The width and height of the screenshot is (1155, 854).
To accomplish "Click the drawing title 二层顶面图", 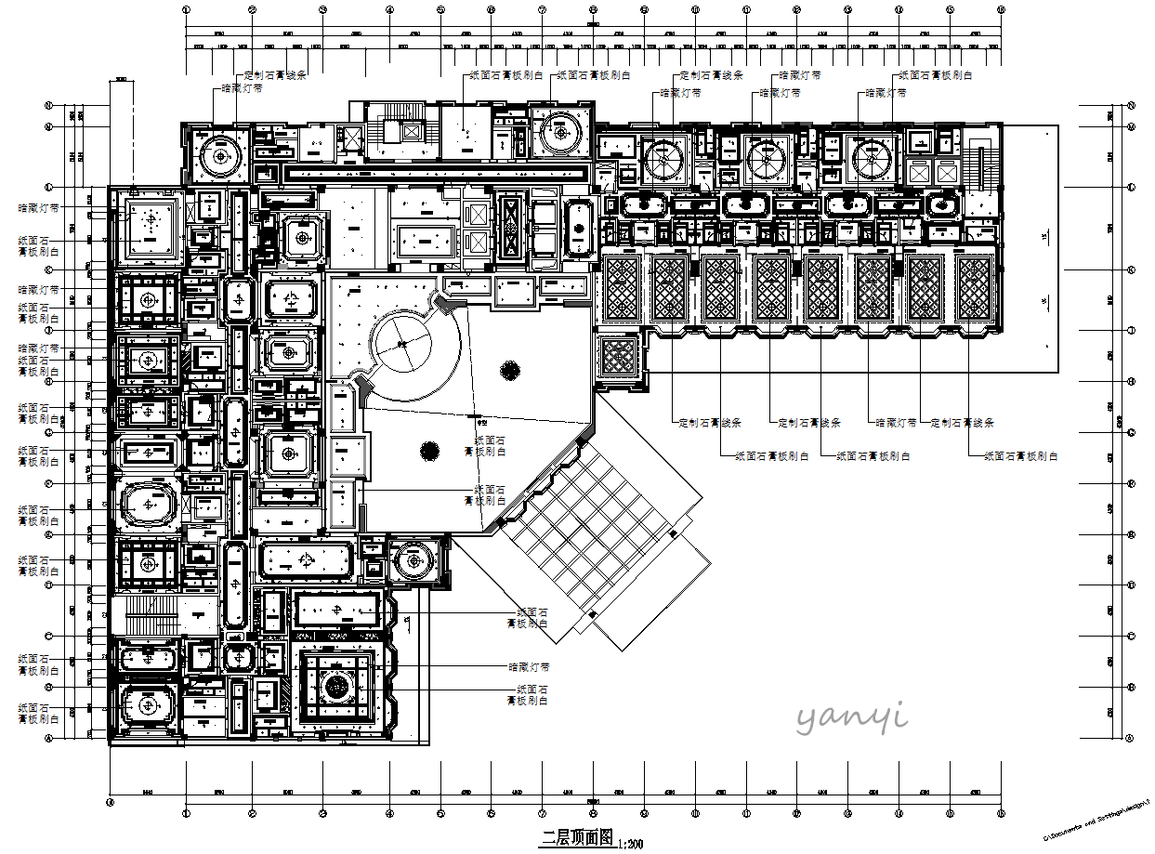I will point(576,837).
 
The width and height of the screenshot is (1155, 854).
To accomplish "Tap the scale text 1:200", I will point(629,844).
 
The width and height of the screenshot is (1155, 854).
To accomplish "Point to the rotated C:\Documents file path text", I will point(1097,816).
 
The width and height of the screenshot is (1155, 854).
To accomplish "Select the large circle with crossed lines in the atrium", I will point(402,345).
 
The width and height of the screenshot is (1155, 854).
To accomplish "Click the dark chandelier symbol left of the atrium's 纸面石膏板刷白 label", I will point(429,450).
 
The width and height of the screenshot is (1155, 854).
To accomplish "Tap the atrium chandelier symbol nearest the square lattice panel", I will point(509,370).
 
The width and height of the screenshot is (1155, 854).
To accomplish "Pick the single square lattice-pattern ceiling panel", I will point(618,358).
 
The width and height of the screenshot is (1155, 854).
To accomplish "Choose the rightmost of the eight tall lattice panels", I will point(974,289).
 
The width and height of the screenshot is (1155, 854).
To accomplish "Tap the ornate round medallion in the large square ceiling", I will point(335,687).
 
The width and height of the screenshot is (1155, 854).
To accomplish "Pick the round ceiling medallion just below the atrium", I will point(410,559).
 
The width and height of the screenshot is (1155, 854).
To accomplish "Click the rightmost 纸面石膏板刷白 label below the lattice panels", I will point(1020,456).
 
